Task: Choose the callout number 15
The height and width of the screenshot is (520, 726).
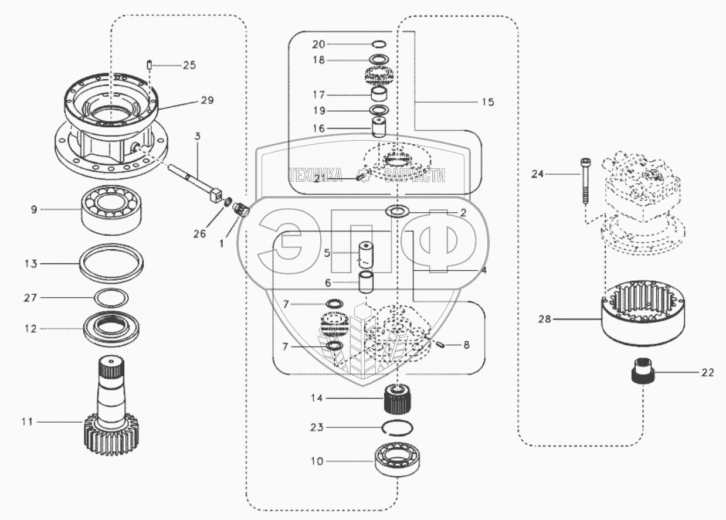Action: [487, 102]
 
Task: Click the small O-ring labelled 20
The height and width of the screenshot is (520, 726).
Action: [379, 44]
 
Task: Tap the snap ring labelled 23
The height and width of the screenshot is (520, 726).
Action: [397, 427]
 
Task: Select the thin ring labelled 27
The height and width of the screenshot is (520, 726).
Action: [111, 298]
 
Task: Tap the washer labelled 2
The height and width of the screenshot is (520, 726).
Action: [396, 211]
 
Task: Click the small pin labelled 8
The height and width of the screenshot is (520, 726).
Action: [440, 344]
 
